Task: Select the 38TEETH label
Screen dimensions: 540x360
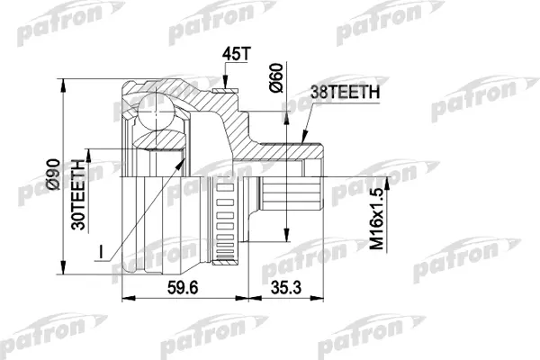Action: [345, 92]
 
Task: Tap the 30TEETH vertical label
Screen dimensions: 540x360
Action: [77, 195]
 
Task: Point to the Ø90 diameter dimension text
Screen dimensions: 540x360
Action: [53, 174]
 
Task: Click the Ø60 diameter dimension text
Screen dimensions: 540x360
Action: [276, 77]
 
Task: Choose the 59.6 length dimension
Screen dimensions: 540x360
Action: [183, 288]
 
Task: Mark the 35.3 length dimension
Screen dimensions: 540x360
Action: [286, 288]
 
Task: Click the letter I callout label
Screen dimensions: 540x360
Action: [101, 252]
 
